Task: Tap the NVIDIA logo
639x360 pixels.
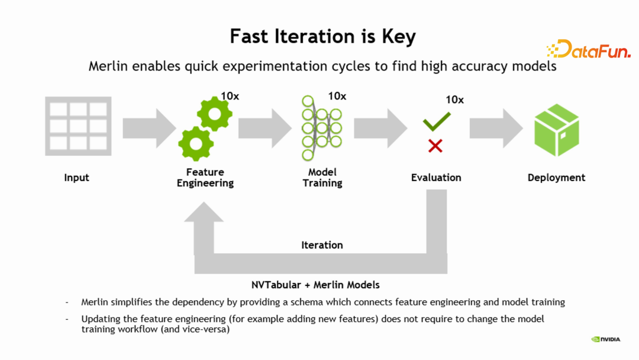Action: [606, 339]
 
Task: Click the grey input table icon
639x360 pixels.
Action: [78, 126]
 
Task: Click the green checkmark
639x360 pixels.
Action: [437, 123]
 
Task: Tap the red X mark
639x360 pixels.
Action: [435, 146]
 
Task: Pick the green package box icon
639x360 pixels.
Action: [556, 130]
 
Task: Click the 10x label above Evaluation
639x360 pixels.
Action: [454, 99]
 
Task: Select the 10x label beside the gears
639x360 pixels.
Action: [230, 96]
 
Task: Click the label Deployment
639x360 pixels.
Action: [556, 178]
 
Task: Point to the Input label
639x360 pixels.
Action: [77, 178]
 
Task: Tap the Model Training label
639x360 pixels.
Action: [322, 178]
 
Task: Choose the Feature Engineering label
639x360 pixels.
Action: [205, 178]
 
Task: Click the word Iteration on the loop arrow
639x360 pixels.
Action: [322, 245]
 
